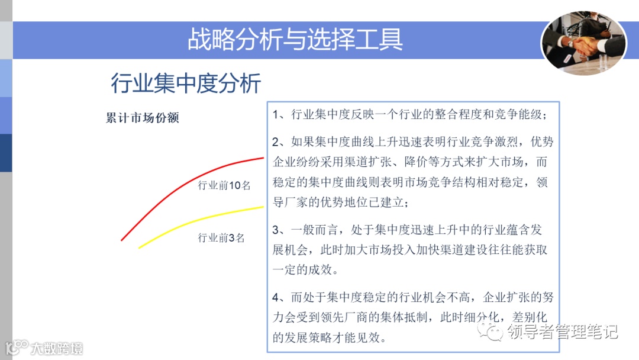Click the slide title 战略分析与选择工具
click(x=295, y=40)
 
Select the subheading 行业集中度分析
click(x=186, y=83)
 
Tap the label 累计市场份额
click(x=142, y=117)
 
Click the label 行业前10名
click(x=224, y=185)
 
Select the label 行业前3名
click(x=221, y=238)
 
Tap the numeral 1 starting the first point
click(x=276, y=114)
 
